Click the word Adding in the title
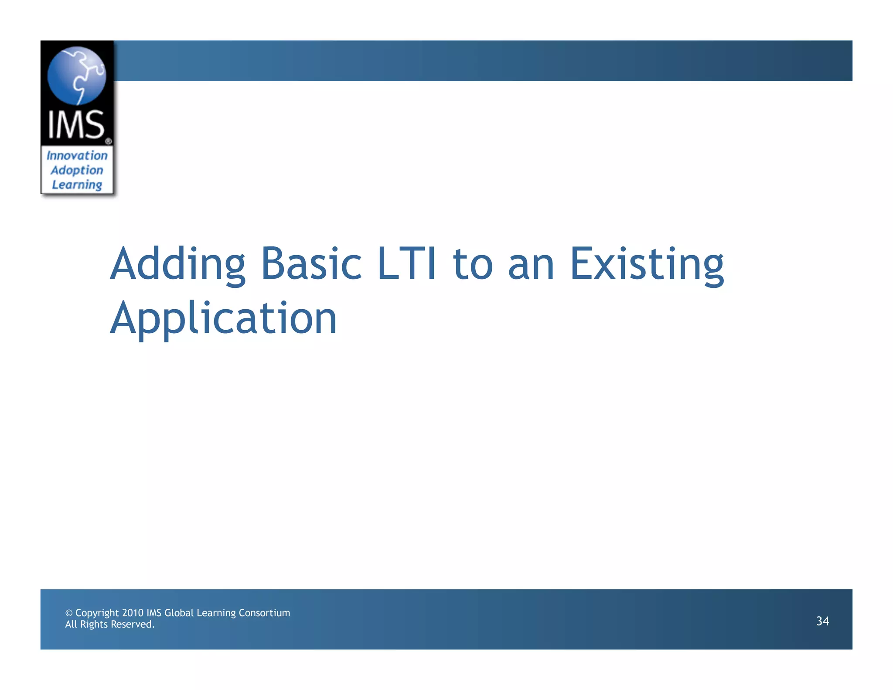point(178,264)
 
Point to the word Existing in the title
point(647,264)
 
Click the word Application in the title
point(223,318)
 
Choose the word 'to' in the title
point(473,264)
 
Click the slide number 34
point(822,621)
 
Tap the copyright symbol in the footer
point(68,613)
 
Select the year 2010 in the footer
point(133,613)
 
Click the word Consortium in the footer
point(264,613)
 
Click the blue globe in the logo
point(77,75)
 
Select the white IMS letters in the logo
point(76,125)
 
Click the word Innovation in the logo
point(77,155)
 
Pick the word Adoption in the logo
point(77,170)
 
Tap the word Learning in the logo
point(77,185)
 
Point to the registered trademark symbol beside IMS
point(108,141)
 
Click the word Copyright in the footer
point(97,613)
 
